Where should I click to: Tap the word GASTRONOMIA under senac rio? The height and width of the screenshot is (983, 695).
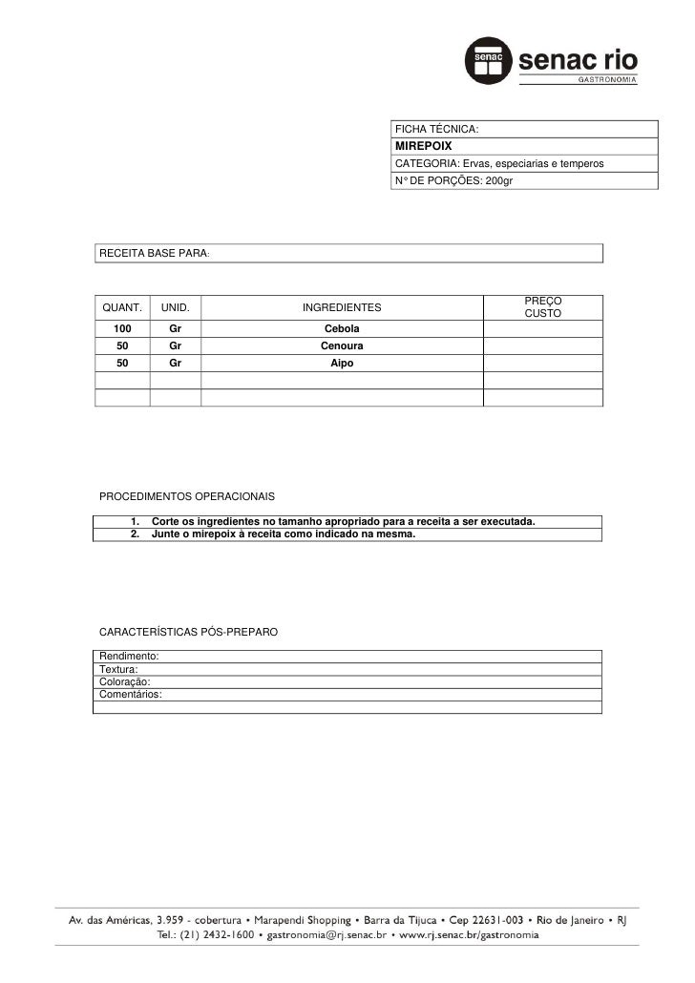point(605,81)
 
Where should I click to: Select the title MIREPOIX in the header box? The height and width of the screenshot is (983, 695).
point(419,146)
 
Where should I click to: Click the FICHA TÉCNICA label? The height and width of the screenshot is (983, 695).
point(436,129)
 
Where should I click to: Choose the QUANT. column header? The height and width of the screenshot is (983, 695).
point(122,308)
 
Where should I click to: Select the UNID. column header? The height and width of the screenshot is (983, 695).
point(175,308)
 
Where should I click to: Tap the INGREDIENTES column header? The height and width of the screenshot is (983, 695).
point(341,308)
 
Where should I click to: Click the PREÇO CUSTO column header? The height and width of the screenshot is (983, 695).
point(542,307)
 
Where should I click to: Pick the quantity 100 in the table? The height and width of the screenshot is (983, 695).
point(122,329)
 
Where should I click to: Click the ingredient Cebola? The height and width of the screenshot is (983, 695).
point(342,329)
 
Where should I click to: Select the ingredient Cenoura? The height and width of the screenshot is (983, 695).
point(342,346)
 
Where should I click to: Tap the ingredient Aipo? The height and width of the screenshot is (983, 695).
point(342,364)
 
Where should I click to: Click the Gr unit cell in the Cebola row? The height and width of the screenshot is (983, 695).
point(175,329)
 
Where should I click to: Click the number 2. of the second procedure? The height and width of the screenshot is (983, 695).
point(136,534)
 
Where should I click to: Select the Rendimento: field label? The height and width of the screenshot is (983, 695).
point(129,658)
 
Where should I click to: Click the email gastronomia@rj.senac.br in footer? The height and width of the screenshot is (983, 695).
point(326,937)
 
